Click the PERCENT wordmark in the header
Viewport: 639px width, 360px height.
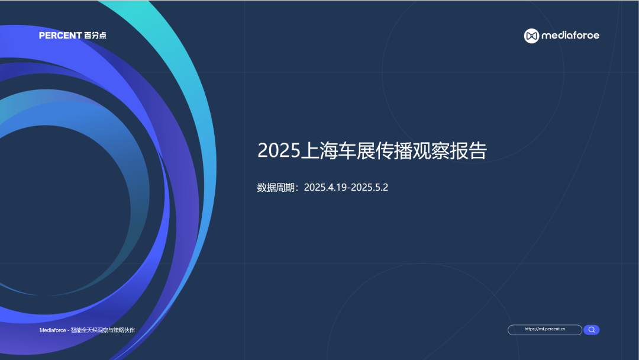[x=60, y=36]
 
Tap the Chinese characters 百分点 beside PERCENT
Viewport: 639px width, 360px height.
[x=95, y=36]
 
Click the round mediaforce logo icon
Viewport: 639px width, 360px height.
[x=531, y=36]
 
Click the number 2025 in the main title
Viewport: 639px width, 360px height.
[x=279, y=151]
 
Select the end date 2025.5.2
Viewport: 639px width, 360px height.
[x=371, y=188]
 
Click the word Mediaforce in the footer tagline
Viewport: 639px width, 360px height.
[x=53, y=330]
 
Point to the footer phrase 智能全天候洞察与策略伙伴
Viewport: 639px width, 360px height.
[x=103, y=330]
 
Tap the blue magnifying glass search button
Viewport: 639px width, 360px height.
[x=592, y=330]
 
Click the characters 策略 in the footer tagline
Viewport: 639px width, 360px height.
[x=119, y=330]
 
